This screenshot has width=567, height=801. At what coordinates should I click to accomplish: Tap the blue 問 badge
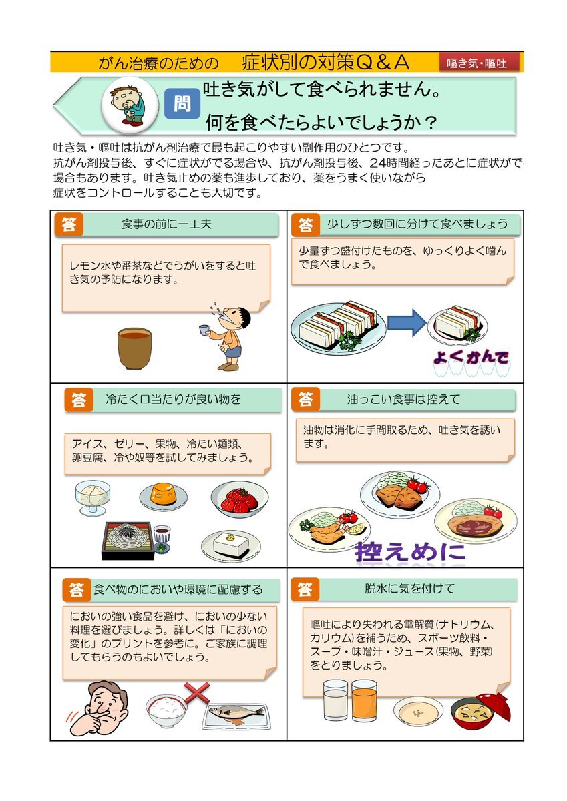coord(182,104)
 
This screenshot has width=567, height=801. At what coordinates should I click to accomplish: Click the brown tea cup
coord(134,348)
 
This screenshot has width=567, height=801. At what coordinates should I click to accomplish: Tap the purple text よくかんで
coord(471,358)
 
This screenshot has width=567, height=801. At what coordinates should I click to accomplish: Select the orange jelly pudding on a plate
coord(163,496)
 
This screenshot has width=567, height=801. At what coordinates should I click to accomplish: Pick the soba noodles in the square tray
coord(128,540)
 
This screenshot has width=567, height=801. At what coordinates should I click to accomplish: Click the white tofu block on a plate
coord(230,546)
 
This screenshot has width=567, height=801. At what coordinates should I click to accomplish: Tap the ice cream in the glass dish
coord(93,497)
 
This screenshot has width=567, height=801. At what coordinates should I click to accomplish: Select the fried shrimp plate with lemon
coord(329,529)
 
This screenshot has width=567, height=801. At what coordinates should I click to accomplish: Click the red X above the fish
coord(197,692)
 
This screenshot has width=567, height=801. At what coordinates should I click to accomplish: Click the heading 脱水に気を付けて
coord(409,588)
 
